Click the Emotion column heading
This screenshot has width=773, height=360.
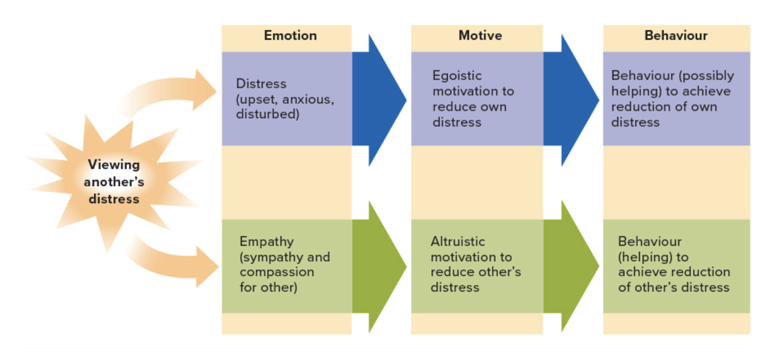tap(290, 36)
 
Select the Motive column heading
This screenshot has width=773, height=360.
tap(480, 36)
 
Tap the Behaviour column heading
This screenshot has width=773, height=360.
tap(676, 36)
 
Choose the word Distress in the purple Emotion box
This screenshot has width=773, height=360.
tap(261, 84)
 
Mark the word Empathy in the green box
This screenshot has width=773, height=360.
tap(266, 242)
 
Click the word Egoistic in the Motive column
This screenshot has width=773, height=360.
tap(457, 76)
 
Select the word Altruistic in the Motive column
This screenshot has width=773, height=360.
tap(458, 242)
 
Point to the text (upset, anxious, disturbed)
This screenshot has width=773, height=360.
tap(285, 107)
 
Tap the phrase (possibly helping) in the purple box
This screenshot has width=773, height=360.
tap(673, 83)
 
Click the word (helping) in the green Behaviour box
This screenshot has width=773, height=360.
tap(645, 257)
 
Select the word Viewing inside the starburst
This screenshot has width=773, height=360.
tap(114, 165)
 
